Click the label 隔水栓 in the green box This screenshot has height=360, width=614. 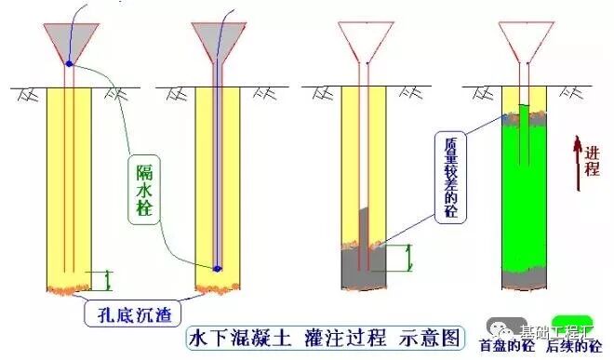[x=142, y=188]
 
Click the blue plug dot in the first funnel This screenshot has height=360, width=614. [x=70, y=63]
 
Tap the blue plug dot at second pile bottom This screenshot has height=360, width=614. [x=217, y=268]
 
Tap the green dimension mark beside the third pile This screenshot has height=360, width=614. [x=401, y=259]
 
